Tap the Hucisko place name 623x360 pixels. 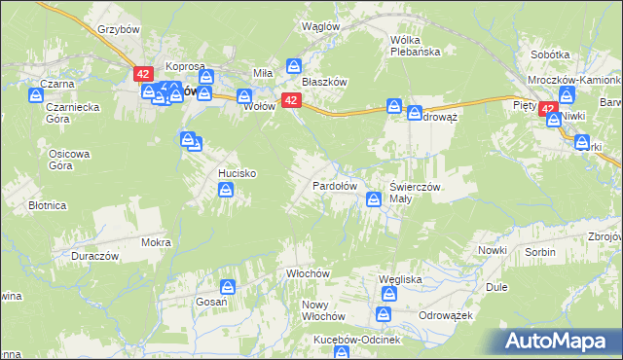pyautogui.click(x=237, y=172)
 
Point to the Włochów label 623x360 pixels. pyautogui.click(x=304, y=274)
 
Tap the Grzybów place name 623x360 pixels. pyautogui.click(x=121, y=29)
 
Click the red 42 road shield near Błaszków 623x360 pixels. pyautogui.click(x=290, y=100)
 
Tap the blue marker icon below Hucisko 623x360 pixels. pyautogui.click(x=226, y=192)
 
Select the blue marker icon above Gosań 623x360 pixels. pyautogui.click(x=227, y=286)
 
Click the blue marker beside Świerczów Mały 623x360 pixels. pyautogui.click(x=373, y=199)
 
